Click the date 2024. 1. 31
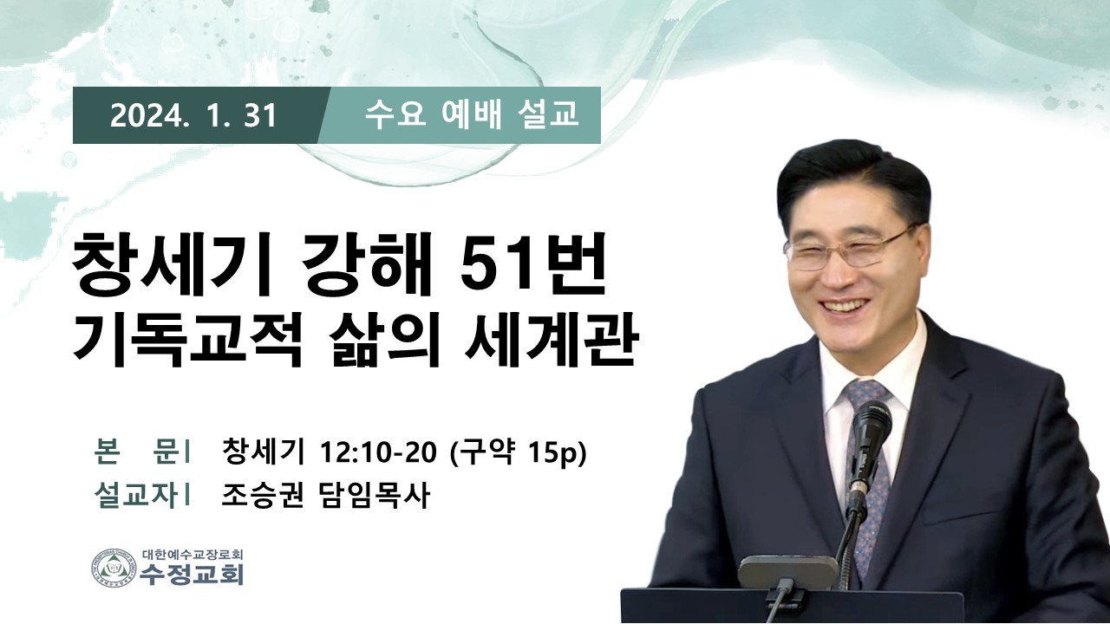[193, 116]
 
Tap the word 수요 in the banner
[395, 115]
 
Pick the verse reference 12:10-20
[379, 452]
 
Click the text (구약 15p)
[517, 453]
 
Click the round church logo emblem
[114, 567]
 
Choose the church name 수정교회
[192, 574]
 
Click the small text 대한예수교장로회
[193, 554]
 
